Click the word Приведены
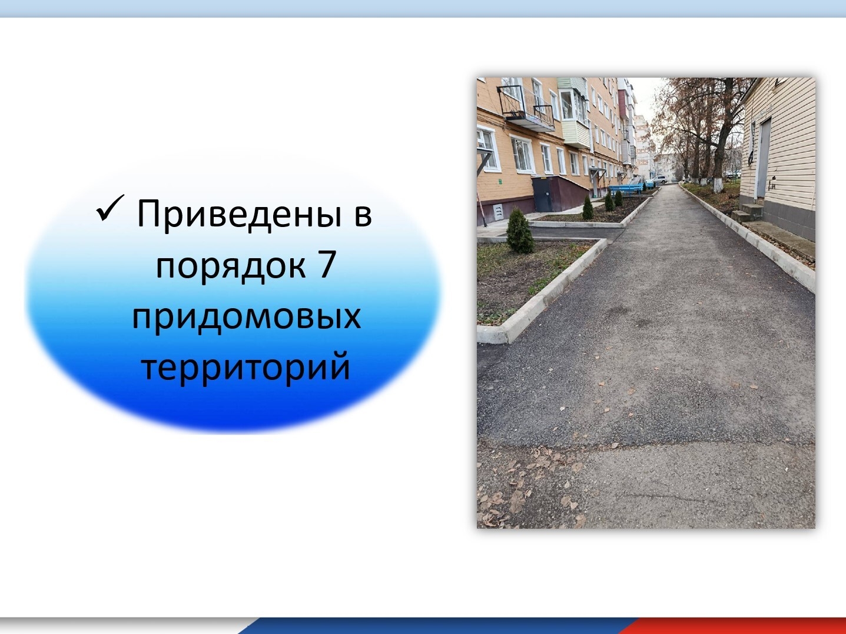[x=239, y=214]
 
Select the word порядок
[x=231, y=265]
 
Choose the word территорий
[x=246, y=366]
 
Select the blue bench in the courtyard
[x=626, y=189]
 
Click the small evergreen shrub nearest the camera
[x=520, y=231]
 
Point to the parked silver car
[x=661, y=179]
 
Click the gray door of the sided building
[x=763, y=159]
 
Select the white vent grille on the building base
[x=499, y=211]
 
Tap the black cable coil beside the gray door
[x=752, y=154]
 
